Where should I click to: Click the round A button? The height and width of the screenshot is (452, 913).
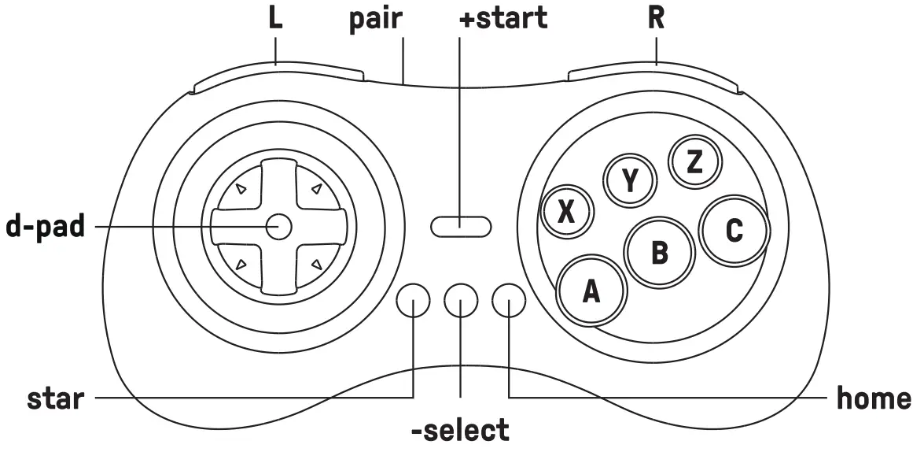[591, 291]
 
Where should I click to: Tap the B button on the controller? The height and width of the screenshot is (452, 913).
[659, 253]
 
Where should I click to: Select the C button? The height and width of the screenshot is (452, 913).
[733, 230]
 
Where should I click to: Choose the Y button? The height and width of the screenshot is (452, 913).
[629, 181]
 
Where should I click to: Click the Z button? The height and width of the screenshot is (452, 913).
[693, 161]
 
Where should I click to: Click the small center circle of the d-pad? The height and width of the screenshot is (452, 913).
[278, 227]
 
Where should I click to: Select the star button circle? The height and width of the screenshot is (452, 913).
[414, 300]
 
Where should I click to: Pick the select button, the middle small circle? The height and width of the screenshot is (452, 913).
[461, 300]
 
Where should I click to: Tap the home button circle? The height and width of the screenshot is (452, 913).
[509, 300]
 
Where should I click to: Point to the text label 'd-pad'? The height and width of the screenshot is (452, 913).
[46, 227]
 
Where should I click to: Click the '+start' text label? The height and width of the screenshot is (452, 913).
[503, 19]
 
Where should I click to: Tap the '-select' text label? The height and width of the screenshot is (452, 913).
[460, 430]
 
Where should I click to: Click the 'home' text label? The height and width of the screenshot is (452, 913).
[873, 398]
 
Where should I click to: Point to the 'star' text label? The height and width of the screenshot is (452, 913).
[55, 398]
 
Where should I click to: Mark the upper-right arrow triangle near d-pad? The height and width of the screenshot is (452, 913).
[315, 189]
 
